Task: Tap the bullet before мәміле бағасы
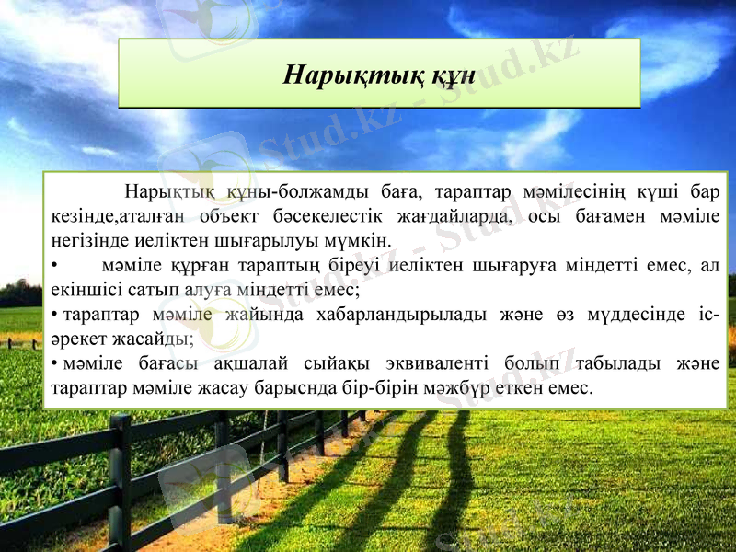click(55, 362)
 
